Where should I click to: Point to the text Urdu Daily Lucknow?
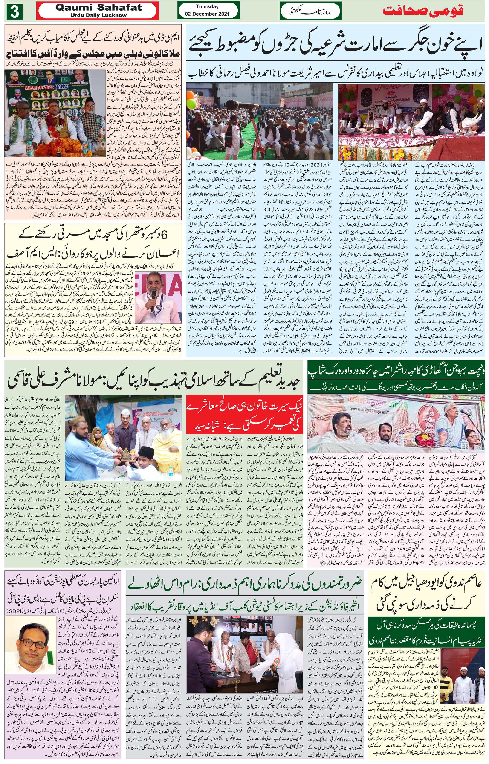pos(98,15)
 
